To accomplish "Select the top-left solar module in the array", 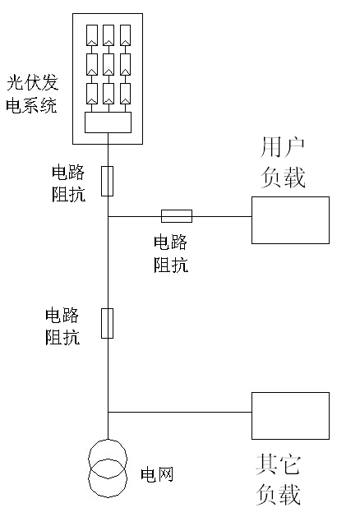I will pyautogui.click(x=91, y=35).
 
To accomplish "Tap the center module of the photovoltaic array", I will pyautogui.click(x=108, y=63).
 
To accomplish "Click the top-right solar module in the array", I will pyautogui.click(x=126, y=35).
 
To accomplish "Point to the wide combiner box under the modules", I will pyautogui.click(x=108, y=122).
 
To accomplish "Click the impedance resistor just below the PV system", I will pyautogui.click(x=108, y=181).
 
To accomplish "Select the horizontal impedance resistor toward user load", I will pyautogui.click(x=177, y=216).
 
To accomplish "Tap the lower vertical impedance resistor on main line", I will pyautogui.click(x=108, y=323).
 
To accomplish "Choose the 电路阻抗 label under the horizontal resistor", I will pyautogui.click(x=171, y=253).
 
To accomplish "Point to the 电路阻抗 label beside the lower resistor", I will pyautogui.click(x=62, y=325).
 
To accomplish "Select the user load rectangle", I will pyautogui.click(x=290, y=220).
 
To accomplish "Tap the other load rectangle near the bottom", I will pyautogui.click(x=290, y=415).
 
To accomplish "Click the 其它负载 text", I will pyautogui.click(x=278, y=480).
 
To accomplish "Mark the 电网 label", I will pyautogui.click(x=157, y=474).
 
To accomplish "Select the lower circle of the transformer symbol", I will pyautogui.click(x=108, y=479).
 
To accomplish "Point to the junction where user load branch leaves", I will pyautogui.click(x=108, y=216).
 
